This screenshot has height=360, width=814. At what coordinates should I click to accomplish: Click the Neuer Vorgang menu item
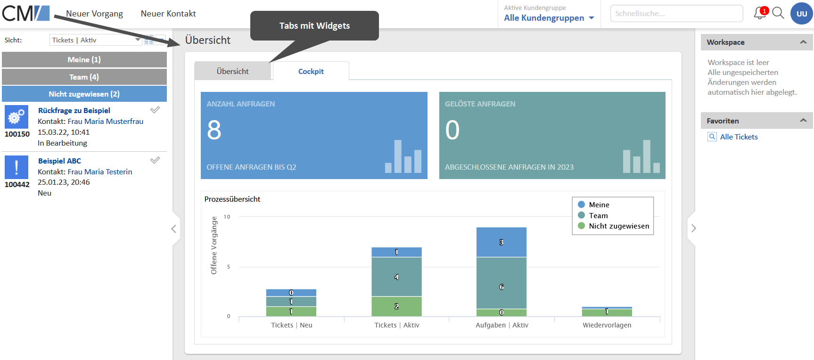click(x=94, y=14)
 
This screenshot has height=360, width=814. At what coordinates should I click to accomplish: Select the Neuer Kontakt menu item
click(x=168, y=14)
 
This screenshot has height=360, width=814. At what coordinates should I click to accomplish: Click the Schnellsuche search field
click(x=676, y=14)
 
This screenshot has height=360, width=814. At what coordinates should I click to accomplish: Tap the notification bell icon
click(x=759, y=13)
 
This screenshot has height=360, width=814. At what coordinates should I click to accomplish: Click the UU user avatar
click(x=801, y=14)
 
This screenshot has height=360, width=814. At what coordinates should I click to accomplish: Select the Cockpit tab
click(x=311, y=71)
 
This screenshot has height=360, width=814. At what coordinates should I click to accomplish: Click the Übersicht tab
click(x=233, y=71)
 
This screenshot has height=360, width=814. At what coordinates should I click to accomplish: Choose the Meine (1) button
click(x=84, y=59)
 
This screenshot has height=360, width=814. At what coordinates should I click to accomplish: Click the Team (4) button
click(x=84, y=77)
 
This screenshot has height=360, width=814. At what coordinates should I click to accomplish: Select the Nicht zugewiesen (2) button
click(x=84, y=94)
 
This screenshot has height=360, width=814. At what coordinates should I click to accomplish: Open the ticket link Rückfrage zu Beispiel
click(x=74, y=110)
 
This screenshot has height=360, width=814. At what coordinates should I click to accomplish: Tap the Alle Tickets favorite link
click(x=739, y=137)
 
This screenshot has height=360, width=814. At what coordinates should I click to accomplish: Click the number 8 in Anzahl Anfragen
click(x=214, y=130)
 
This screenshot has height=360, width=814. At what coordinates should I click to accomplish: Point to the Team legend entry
click(x=598, y=215)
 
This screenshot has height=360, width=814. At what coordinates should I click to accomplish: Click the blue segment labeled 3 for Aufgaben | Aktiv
click(x=502, y=242)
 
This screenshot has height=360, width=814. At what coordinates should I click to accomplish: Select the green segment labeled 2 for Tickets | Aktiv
click(x=396, y=306)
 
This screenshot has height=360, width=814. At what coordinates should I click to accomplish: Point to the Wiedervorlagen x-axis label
click(x=607, y=325)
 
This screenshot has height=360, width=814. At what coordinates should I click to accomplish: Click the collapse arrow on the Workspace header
click(x=803, y=42)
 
